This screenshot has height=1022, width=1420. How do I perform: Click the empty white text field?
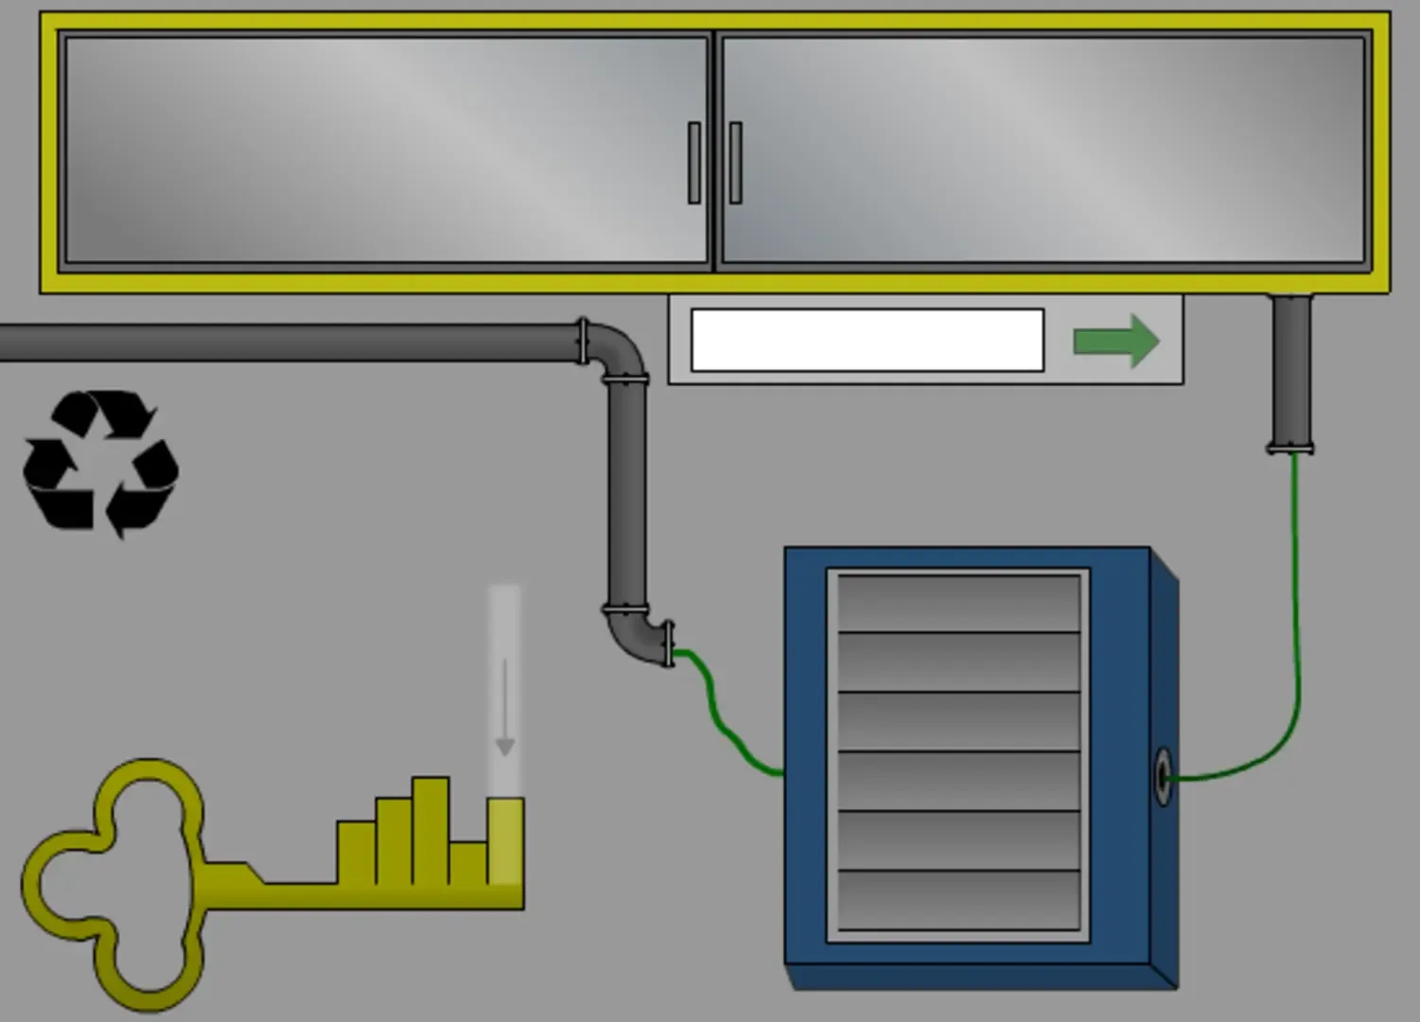click(x=867, y=340)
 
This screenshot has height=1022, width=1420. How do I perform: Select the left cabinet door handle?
click(x=694, y=162)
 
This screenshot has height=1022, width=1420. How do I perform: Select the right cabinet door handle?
click(x=735, y=162)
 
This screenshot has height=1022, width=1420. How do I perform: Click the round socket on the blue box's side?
click(x=1163, y=776)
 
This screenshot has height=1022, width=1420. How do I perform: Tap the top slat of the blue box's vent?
click(x=958, y=603)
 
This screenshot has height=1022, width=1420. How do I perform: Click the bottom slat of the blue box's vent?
click(x=958, y=900)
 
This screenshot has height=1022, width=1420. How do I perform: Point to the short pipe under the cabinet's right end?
click(x=1290, y=374)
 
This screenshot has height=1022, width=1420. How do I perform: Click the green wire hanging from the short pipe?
click(x=1296, y=615)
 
